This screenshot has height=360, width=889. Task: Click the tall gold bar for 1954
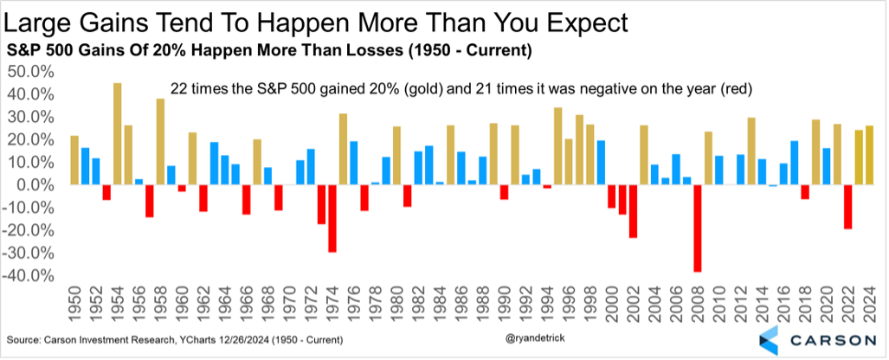coord(117,134)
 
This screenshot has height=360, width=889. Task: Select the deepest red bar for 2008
coord(697,228)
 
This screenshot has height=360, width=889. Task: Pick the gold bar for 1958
coord(160,142)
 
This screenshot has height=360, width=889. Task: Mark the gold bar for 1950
coord(74,161)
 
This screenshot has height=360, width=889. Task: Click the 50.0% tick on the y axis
coord(30,71)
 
